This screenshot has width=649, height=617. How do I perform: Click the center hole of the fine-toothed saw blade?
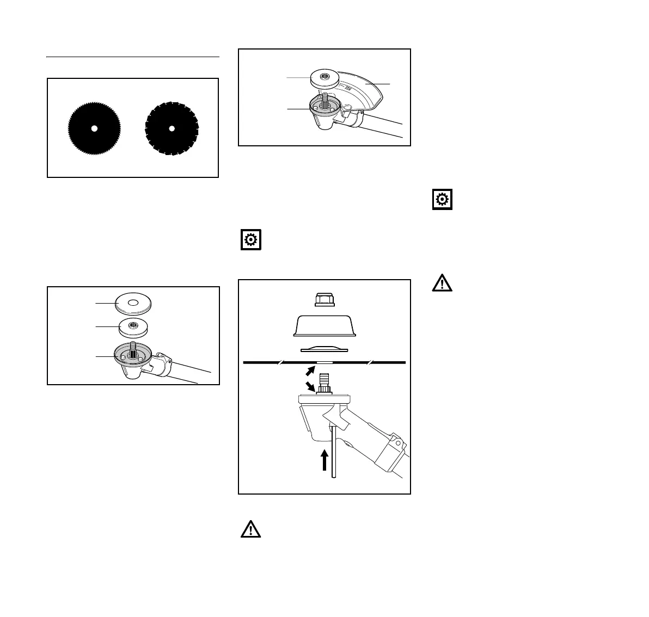point(94,128)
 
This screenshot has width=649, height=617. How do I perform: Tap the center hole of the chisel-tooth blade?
point(172,128)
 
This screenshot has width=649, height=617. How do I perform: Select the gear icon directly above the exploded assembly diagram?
point(251,240)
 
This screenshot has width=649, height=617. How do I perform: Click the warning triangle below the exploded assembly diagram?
point(251,529)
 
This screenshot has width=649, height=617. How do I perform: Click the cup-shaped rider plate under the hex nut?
point(324,326)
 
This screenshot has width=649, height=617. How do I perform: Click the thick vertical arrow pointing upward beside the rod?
point(324,459)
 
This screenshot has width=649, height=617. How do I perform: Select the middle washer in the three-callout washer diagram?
point(133,328)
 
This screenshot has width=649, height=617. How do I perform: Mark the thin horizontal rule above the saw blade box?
point(132,56)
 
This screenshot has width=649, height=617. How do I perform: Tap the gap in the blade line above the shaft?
point(324,362)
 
